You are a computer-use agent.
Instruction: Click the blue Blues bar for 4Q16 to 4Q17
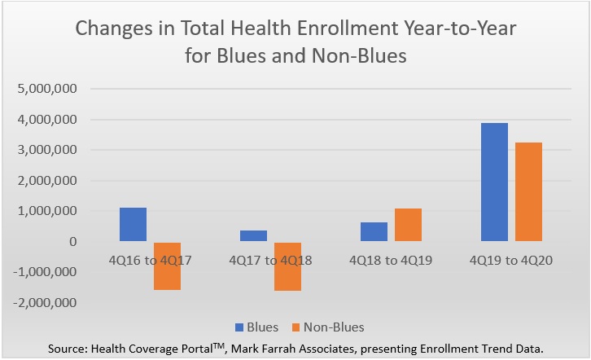(x=133, y=225)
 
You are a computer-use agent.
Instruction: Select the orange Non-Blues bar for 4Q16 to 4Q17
(x=166, y=266)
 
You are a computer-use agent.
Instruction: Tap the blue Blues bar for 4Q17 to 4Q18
(x=253, y=236)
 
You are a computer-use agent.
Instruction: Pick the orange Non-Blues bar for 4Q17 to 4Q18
(x=287, y=266)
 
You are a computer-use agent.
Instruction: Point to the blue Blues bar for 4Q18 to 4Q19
(x=374, y=232)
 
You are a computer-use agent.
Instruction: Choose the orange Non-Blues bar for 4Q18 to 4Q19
(x=408, y=226)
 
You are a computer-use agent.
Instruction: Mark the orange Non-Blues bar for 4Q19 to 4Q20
(x=528, y=192)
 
